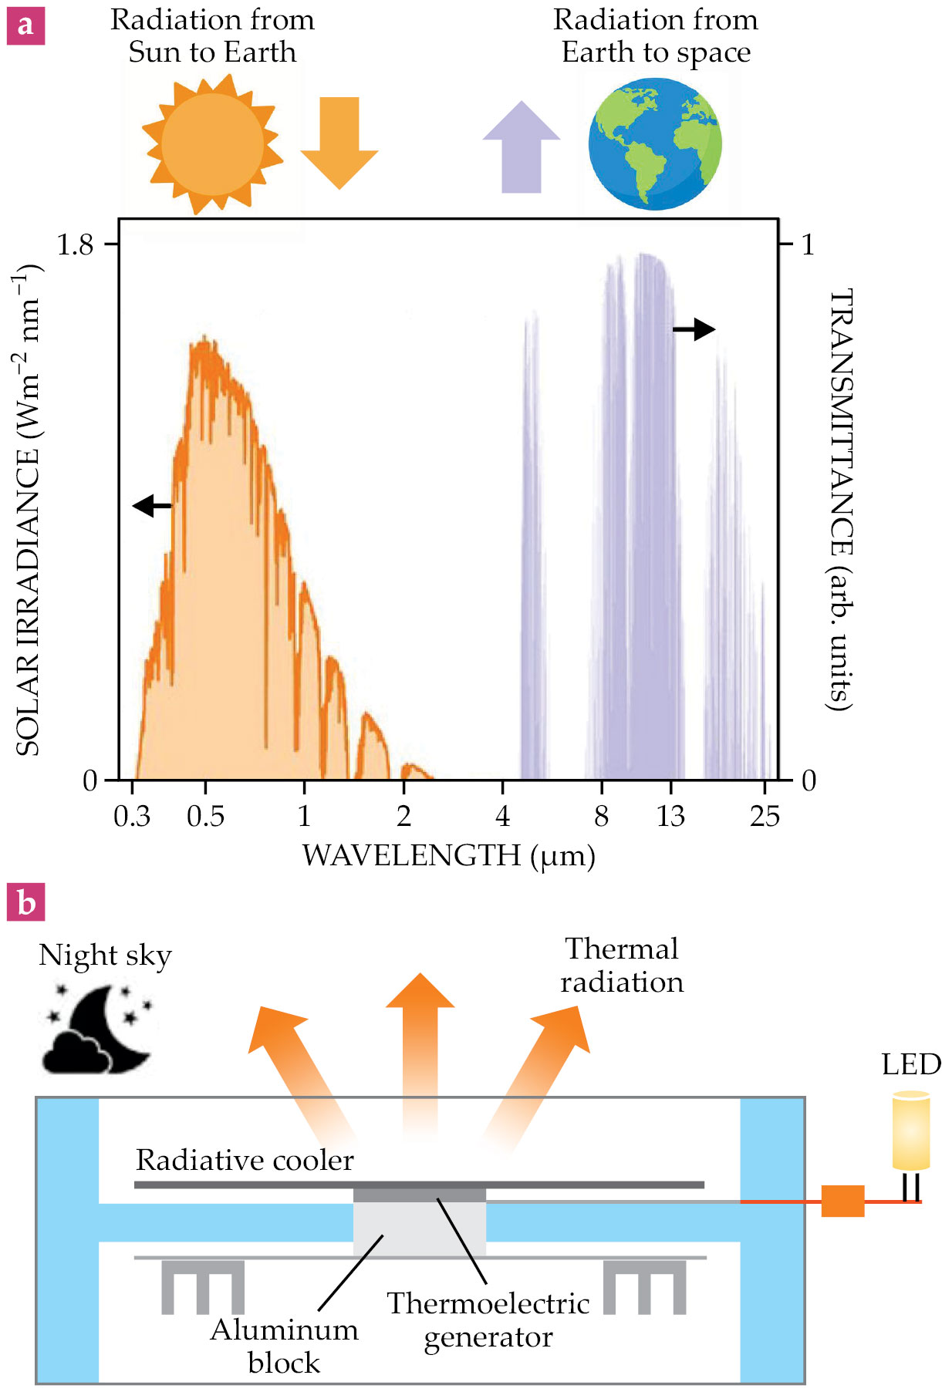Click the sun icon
212,143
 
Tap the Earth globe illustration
654,143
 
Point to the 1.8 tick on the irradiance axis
75,244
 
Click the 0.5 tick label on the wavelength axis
205,816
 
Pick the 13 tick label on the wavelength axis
670,816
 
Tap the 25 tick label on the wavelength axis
765,816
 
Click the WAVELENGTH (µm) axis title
448,856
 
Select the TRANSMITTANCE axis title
840,500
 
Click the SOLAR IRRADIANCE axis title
28,511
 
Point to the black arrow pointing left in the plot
152,506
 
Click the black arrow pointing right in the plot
694,329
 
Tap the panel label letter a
25,25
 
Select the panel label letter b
25,902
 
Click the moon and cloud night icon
98,1028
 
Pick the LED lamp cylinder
910,1130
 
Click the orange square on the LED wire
842,1202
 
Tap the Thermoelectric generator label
488,1320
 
